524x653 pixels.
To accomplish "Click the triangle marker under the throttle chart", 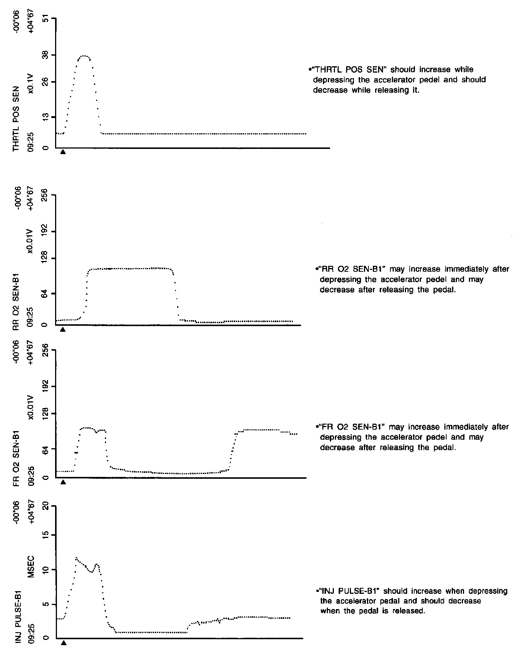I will point(63,152).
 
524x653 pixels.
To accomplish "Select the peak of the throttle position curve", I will point(84,56).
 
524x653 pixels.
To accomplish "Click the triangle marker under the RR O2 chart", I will point(63,329).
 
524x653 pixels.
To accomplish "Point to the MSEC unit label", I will point(31,567).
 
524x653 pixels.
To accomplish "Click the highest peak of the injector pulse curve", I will point(76,558).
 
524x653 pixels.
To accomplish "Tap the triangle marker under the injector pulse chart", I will point(64,643).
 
